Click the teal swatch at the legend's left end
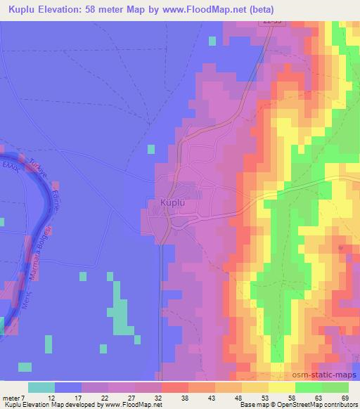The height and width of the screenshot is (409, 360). pos(42,387)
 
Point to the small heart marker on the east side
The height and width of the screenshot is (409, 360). pos(341,247)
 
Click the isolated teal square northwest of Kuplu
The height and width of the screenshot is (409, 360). pos(151,148)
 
